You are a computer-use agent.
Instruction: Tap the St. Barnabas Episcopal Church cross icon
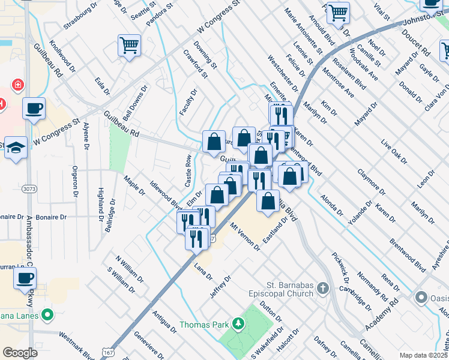pos(323,288)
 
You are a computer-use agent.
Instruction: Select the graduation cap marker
pos(16,149)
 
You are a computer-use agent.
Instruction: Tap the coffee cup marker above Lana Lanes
pos(25,278)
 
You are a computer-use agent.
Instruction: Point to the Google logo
pos(20,353)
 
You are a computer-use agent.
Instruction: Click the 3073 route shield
pos(28,188)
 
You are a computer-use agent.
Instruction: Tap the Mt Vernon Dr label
pos(245,236)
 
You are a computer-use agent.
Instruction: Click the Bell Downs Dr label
pos(135,103)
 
